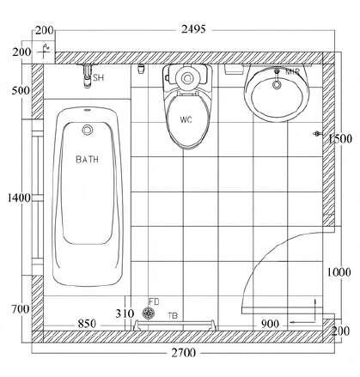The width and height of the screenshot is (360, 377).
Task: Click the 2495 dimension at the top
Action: (193, 29)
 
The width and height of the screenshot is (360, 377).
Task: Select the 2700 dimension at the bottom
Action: (184, 353)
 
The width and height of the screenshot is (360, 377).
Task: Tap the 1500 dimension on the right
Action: (340, 139)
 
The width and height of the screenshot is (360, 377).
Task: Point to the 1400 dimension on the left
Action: (19, 198)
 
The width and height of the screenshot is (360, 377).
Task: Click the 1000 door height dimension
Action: (339, 272)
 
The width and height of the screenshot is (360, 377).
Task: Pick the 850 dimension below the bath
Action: (87, 324)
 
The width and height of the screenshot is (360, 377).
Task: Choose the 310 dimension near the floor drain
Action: (125, 313)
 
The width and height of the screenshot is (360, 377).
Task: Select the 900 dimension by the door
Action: (270, 324)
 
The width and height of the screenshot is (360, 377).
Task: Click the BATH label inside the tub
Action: (87, 160)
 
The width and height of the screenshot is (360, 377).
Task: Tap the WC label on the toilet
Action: (186, 119)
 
